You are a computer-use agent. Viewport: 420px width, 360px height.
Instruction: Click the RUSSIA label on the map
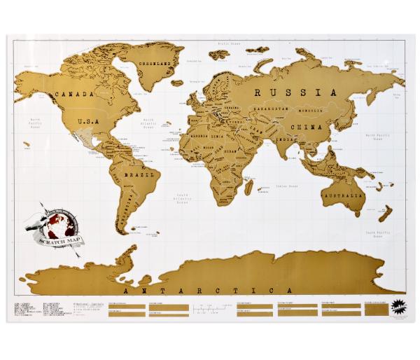coord(290,92)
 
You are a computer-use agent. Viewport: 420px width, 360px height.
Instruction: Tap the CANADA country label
coord(79,94)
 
